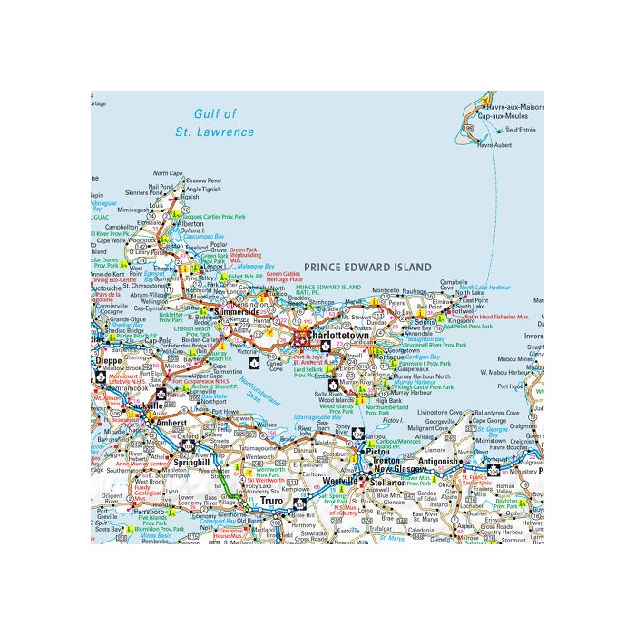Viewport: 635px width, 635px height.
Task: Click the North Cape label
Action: click(x=168, y=172)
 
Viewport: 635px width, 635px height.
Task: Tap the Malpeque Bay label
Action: click(x=239, y=266)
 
